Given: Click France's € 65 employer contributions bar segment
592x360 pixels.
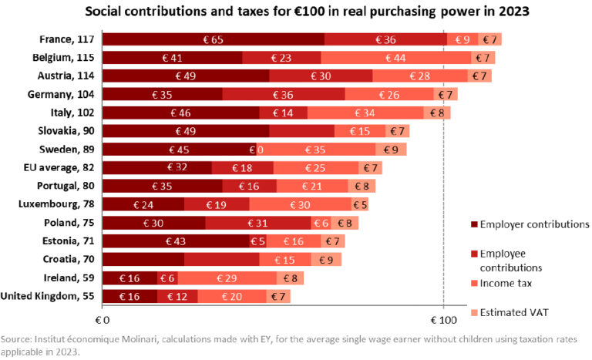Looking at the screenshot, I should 213,39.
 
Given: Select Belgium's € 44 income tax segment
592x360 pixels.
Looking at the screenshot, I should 395,58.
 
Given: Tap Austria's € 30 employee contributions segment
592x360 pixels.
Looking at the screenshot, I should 321,76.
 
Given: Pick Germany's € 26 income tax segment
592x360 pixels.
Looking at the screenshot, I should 389,95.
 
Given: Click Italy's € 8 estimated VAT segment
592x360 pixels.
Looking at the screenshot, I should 436,113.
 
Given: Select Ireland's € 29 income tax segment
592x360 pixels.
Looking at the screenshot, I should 227,278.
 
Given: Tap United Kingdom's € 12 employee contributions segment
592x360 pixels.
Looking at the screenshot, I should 177,297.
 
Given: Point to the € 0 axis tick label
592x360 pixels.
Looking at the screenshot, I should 102,319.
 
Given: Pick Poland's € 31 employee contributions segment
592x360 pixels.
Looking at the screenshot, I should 258,224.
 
